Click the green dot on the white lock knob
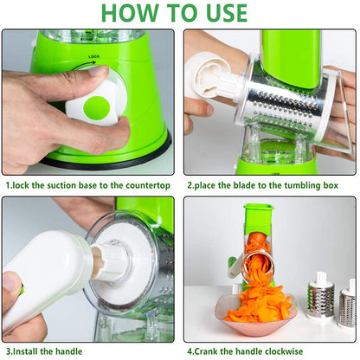(x=97, y=108)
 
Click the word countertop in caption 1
(x=146, y=184)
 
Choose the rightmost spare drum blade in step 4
(x=348, y=303)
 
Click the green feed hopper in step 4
(x=260, y=221)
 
